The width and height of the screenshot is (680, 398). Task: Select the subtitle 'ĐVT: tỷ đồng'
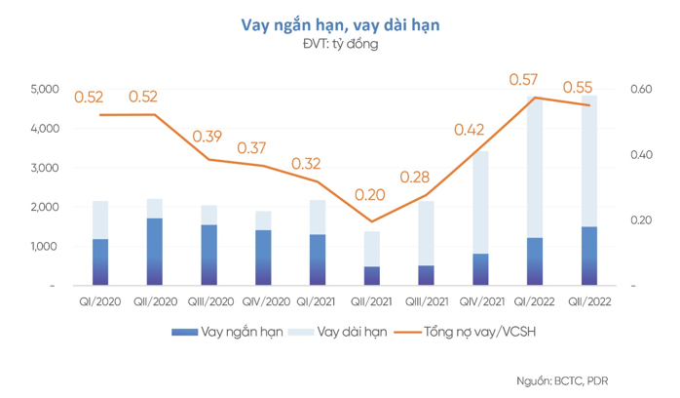(340, 44)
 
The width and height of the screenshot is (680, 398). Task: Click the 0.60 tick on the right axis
(640, 89)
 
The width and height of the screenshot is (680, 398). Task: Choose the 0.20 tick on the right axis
(640, 220)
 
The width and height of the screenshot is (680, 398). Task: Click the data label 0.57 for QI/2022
(524, 79)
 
